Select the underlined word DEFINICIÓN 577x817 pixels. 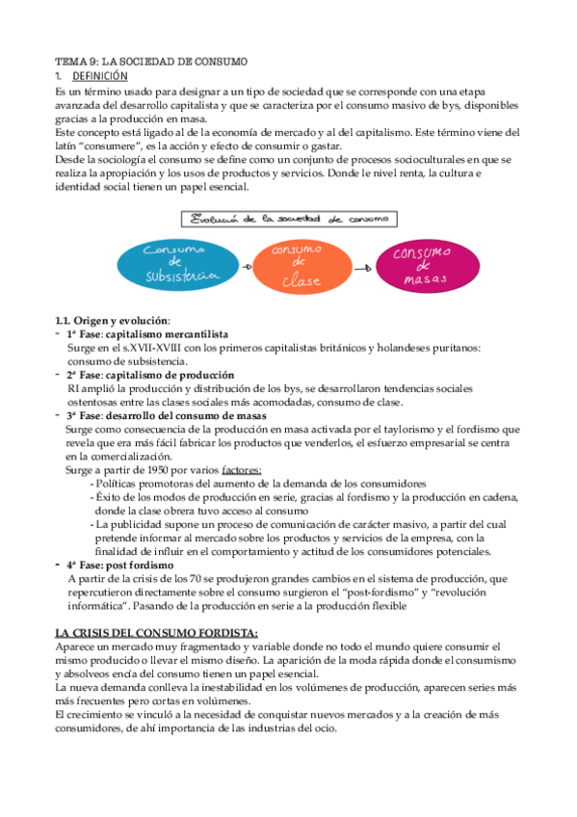tap(101, 75)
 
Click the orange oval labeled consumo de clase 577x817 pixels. tap(297, 263)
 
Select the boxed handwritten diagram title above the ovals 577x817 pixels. tap(289, 219)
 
